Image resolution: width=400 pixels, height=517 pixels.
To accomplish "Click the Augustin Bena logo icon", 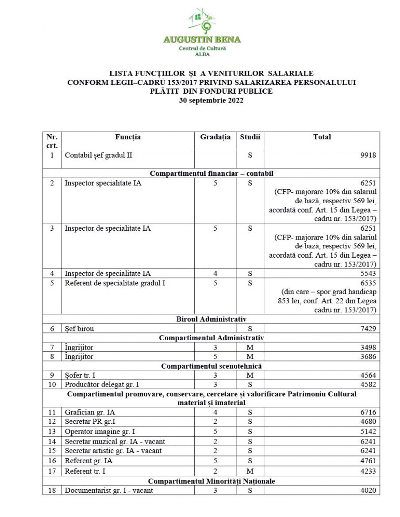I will [x=202, y=21].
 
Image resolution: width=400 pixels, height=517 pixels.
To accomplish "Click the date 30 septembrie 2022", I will [x=211, y=100].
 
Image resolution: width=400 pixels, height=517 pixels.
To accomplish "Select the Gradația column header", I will [x=215, y=137].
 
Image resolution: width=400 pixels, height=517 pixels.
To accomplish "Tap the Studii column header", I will [x=250, y=137].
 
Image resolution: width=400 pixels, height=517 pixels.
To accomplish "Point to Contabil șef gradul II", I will [x=98, y=156].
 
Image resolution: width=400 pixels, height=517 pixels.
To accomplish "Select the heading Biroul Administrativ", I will [x=211, y=319].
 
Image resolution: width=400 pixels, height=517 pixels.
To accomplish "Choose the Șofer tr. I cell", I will [x=80, y=376].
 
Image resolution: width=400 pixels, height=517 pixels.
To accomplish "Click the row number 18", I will [x=52, y=490].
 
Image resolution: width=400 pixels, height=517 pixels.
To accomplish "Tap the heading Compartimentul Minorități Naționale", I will [x=211, y=481].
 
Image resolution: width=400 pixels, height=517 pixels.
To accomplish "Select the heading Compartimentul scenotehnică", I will [x=211, y=366].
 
